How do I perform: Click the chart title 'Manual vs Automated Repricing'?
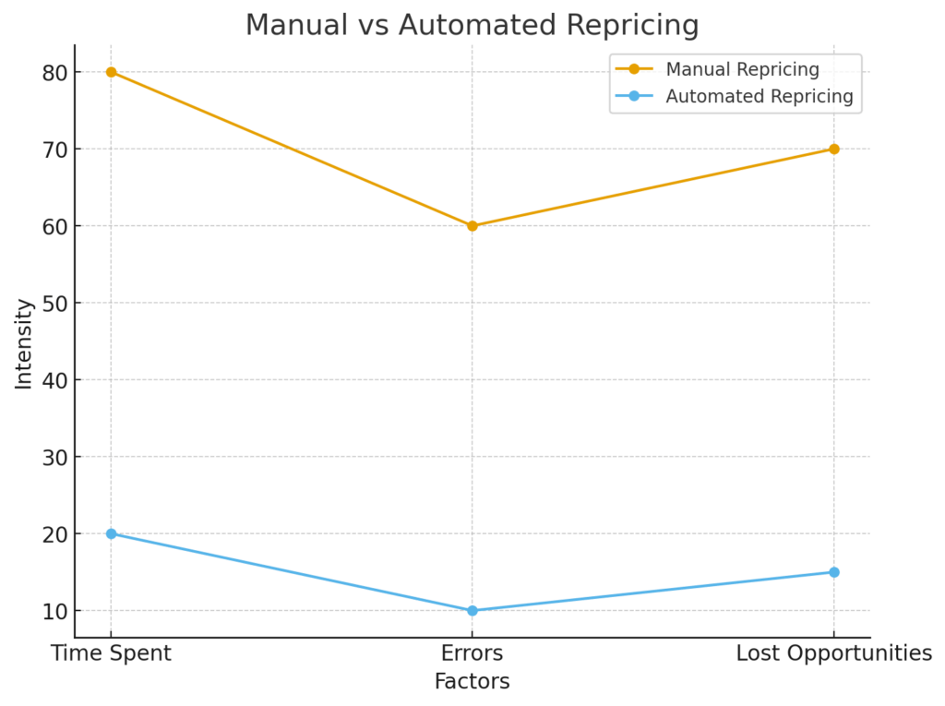click(472, 25)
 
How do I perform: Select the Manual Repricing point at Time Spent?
click(111, 72)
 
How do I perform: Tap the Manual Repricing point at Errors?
click(472, 226)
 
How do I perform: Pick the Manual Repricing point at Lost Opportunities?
click(833, 149)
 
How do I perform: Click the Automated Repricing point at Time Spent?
click(111, 533)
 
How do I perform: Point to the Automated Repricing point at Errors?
click(472, 611)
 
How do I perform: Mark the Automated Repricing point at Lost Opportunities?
click(833, 572)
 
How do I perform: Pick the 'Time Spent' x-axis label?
click(111, 653)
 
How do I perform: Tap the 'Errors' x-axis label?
click(472, 653)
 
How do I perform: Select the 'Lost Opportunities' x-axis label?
click(833, 653)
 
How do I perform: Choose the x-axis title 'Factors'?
click(472, 682)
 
